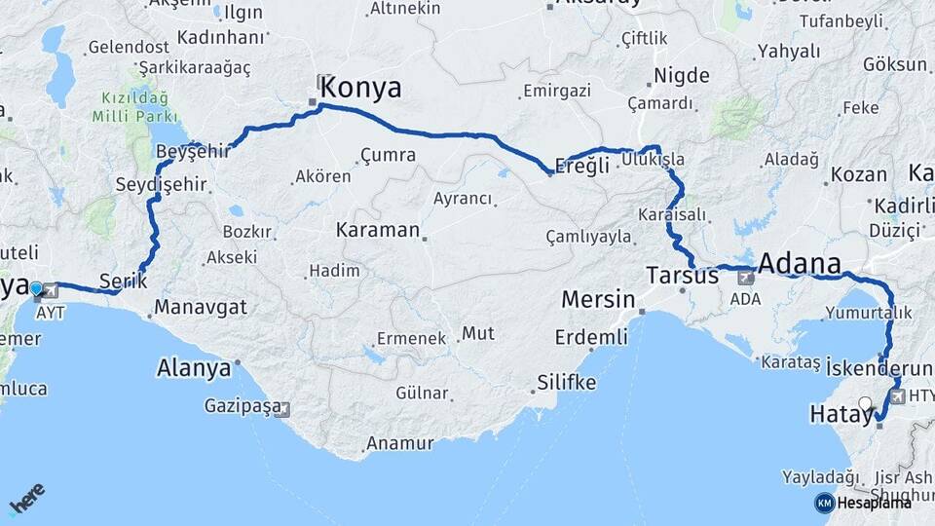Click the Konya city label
click(360, 87)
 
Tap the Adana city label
click(799, 263)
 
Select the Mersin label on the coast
click(598, 299)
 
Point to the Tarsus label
click(682, 276)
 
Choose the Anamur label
click(399, 443)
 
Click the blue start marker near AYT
click(36, 288)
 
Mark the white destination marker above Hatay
click(865, 403)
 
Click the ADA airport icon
click(746, 279)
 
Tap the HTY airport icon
click(893, 396)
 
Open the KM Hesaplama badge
click(864, 503)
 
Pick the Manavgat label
click(200, 308)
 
